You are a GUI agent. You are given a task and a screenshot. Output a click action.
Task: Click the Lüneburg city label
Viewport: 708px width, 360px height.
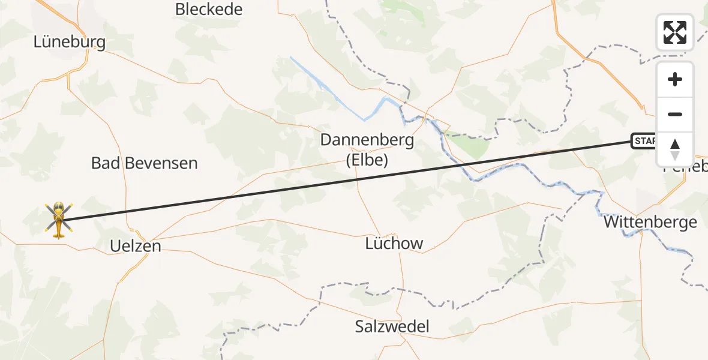tap(70, 42)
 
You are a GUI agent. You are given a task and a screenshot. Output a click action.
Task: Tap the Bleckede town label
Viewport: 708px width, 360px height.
tap(209, 10)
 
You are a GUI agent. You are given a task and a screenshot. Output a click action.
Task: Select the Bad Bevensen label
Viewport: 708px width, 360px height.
tap(144, 163)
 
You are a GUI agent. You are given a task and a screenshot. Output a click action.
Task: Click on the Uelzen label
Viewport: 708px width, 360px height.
tap(136, 245)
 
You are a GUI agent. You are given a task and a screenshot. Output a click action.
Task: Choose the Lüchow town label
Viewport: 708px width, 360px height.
tap(394, 244)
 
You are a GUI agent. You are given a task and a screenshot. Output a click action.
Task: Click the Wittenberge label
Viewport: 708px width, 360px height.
tap(650, 223)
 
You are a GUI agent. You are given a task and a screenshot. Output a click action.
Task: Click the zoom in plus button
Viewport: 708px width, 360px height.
tap(675, 79)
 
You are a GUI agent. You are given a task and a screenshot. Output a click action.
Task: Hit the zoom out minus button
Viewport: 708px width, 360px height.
tap(675, 114)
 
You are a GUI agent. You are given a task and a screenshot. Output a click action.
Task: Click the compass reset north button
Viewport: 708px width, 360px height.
tap(675, 149)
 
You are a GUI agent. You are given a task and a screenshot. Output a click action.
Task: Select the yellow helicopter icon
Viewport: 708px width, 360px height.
tap(58, 220)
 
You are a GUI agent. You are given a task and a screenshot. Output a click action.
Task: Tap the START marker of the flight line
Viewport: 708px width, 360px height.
tap(644, 142)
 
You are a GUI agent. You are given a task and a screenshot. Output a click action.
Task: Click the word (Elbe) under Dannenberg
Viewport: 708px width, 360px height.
tap(367, 161)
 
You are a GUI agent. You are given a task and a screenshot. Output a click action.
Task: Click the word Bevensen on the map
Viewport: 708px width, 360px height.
tap(161, 163)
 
